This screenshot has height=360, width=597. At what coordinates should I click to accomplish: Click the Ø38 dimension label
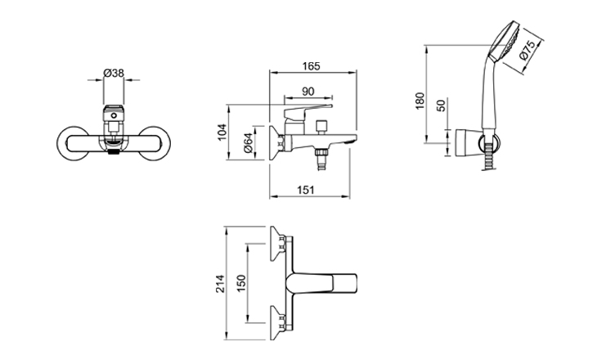tap(114, 73)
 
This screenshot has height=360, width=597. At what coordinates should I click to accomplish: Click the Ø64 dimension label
tap(247, 144)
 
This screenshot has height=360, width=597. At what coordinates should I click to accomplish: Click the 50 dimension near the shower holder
tap(442, 106)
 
